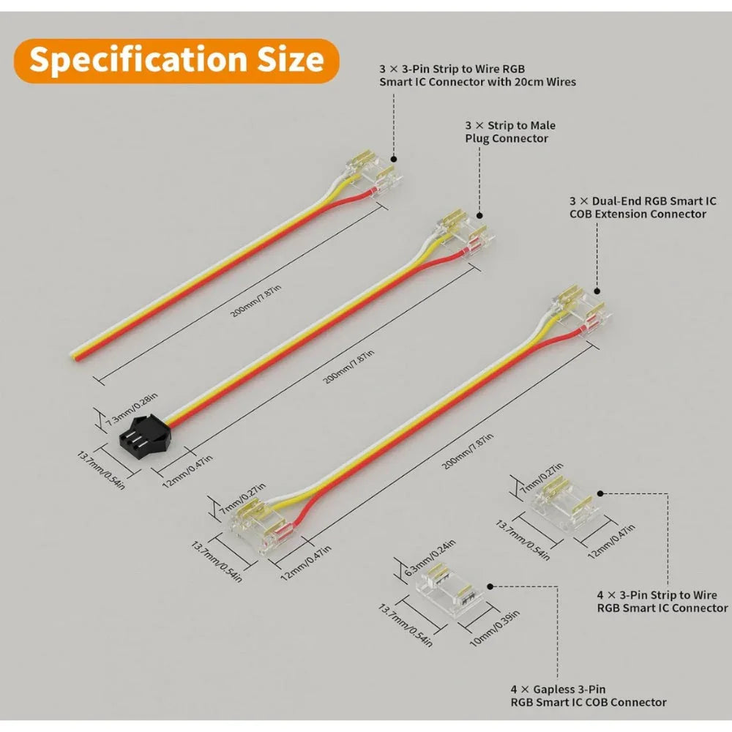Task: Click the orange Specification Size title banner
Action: coord(176,61)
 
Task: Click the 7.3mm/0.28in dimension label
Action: coord(132,409)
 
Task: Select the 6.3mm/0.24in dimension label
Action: coord(430,557)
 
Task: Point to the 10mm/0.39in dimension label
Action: coord(494,628)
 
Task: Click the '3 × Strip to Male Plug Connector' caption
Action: coord(509,132)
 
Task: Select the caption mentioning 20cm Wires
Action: coord(477,75)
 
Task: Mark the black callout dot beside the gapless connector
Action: coord(490,586)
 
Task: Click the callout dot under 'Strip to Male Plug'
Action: coord(479,215)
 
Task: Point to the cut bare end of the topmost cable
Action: coord(74,355)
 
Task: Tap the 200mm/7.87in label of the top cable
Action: coord(255,301)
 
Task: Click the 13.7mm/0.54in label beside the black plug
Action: coord(101,470)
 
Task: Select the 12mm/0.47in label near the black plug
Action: coord(187,471)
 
